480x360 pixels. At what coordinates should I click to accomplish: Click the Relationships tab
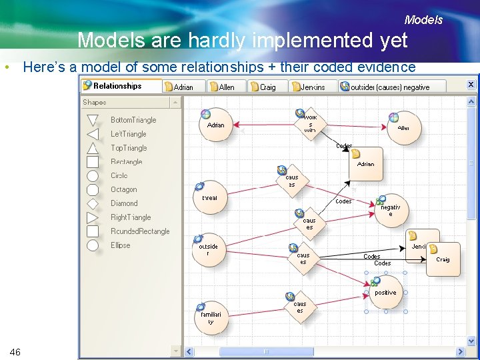coord(117,86)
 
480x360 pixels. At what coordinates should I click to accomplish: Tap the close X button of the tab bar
coord(471,85)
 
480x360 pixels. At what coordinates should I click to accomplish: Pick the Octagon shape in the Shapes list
coord(123,189)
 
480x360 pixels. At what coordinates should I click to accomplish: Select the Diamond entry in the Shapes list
coord(124,203)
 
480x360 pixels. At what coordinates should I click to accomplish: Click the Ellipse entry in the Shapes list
coord(121,245)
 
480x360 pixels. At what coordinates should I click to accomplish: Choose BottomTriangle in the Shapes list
coord(133,120)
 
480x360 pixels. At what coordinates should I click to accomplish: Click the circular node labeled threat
coord(209,198)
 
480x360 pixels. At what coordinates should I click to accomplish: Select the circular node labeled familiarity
coord(210,317)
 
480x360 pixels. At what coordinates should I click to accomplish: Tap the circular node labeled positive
coord(385,293)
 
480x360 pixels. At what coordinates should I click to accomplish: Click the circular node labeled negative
coord(391,210)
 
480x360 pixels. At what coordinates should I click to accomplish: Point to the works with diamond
coord(310,124)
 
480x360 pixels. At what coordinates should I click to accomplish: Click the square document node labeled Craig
coord(443,259)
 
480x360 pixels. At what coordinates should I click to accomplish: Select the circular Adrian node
coord(216,125)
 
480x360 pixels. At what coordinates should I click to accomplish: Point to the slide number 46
coord(15,351)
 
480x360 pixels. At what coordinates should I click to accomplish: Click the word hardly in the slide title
coord(217,41)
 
